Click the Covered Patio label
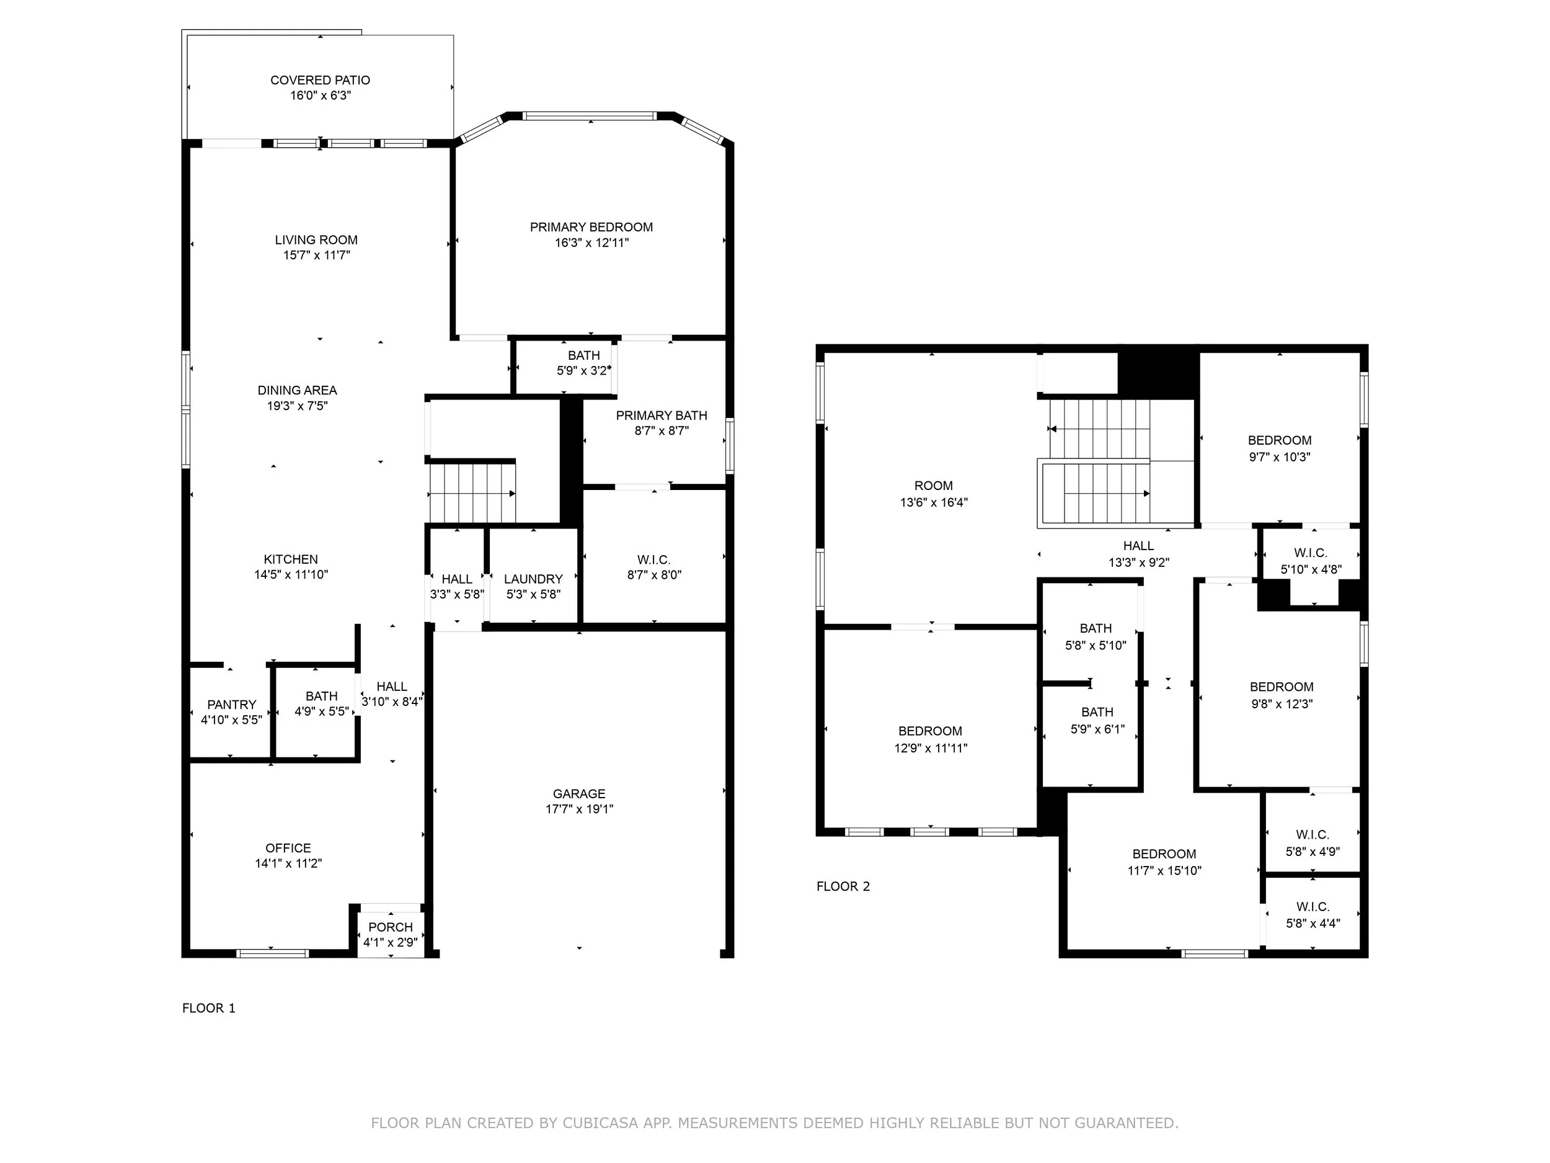[321, 81]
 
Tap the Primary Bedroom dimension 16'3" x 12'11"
[591, 243]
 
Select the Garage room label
[579, 793]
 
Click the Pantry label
[232, 705]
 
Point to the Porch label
[391, 927]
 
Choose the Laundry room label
[533, 579]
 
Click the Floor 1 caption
[209, 1008]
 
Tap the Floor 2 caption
[843, 886]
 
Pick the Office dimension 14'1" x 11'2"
[288, 863]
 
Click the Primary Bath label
[662, 416]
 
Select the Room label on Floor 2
[933, 486]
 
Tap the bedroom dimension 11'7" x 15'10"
[1164, 871]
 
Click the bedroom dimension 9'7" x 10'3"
[1280, 457]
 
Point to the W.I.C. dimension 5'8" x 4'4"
[1313, 923]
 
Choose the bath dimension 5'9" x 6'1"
[1097, 729]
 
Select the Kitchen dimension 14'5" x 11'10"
[291, 575]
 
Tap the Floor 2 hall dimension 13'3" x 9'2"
[1139, 562]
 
